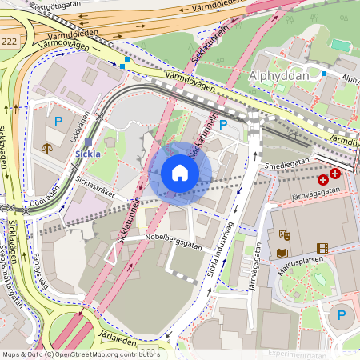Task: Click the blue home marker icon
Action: click(180, 172)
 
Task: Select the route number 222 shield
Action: click(9, 39)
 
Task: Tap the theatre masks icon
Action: click(282, 235)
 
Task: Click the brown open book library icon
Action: click(282, 253)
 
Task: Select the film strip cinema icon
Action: click(322, 248)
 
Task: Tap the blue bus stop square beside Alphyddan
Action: click(324, 74)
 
